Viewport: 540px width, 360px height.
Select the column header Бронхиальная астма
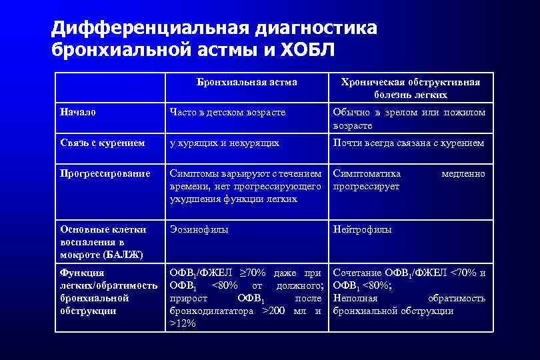click(x=247, y=82)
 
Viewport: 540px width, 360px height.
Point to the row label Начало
click(x=78, y=112)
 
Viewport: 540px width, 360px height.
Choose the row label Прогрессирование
click(x=105, y=173)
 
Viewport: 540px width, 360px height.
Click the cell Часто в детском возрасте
click(x=228, y=112)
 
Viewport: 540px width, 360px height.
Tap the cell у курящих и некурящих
click(x=225, y=143)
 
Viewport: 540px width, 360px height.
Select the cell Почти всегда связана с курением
click(x=409, y=143)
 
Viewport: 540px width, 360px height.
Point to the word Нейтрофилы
click(x=363, y=229)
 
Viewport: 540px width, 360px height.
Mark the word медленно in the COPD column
click(x=463, y=173)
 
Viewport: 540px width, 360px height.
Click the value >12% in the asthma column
click(x=183, y=323)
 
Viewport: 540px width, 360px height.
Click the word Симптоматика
click(x=367, y=173)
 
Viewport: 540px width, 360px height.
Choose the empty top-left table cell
click(x=109, y=88)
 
